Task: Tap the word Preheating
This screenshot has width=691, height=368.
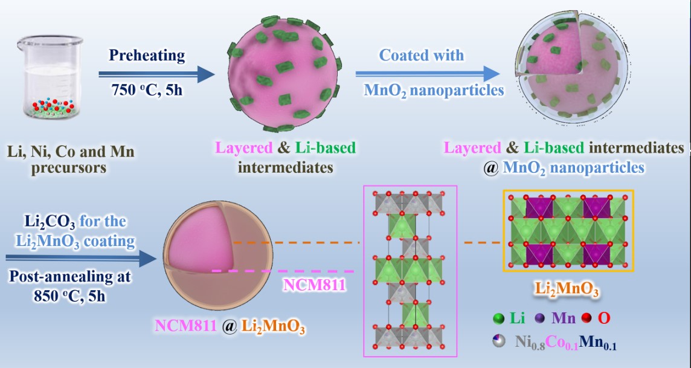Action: coord(147,56)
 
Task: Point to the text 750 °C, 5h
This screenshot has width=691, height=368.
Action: coord(147,92)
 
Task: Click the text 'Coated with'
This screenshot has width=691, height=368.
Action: coord(422,56)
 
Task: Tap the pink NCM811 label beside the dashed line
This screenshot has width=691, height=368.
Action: coord(313,284)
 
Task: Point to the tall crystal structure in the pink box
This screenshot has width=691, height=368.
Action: coord(410,271)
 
